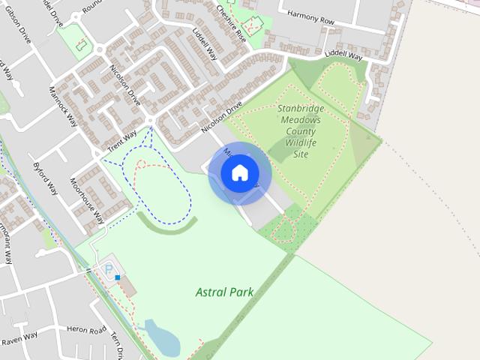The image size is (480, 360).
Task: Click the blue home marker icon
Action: [239, 172]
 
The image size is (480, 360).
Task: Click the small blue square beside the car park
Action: [118, 277]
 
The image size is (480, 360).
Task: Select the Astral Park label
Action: [223, 292]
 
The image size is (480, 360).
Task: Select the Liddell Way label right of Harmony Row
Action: [343, 57]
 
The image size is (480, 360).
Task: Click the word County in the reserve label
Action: [301, 130]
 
